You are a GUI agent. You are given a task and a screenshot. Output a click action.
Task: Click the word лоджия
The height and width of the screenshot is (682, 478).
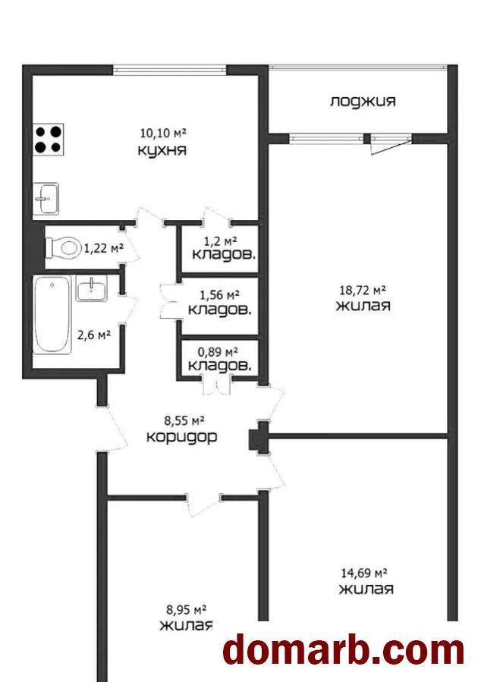363,102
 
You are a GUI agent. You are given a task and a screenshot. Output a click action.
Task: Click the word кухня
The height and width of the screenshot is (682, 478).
162,150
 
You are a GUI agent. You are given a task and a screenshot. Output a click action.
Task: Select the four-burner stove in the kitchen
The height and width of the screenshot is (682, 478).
49,140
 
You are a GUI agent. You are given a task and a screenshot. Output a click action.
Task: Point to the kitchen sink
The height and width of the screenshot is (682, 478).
46,198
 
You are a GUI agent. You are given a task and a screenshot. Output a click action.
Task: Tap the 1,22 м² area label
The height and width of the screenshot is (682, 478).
104,248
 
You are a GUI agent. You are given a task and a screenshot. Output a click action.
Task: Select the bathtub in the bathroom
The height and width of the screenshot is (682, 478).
52,314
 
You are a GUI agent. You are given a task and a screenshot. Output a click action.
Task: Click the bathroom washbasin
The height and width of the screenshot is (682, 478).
92,288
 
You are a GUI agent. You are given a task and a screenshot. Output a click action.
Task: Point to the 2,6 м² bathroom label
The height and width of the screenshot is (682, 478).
93,335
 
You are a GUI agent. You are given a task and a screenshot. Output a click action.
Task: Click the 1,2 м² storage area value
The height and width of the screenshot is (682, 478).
220,240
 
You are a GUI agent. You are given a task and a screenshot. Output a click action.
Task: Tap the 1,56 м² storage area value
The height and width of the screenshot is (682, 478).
219,295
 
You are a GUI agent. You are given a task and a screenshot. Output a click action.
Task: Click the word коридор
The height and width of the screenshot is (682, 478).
181,437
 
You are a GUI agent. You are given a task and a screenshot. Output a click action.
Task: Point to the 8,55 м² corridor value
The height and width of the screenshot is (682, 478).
184,420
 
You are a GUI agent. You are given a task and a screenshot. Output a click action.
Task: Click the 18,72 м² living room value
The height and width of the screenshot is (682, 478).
363,290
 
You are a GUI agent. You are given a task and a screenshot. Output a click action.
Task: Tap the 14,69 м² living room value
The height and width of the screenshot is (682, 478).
363,574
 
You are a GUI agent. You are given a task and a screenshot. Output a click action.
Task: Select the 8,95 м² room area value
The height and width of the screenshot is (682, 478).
186,610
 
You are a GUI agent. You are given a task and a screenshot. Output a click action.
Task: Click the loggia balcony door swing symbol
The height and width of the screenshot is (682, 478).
390,145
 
